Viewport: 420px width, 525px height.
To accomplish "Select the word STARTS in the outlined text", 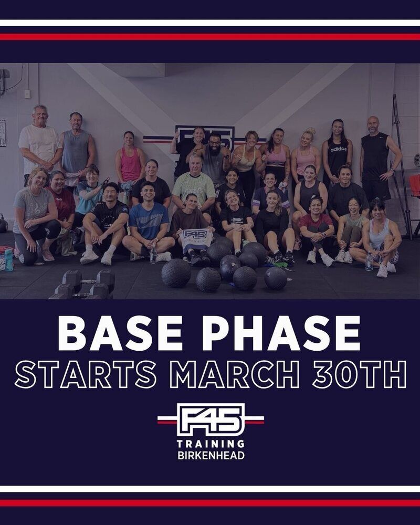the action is click(x=86, y=374).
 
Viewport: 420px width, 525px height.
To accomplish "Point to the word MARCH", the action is click(x=235, y=374).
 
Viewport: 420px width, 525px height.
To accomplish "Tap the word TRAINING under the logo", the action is click(x=211, y=444).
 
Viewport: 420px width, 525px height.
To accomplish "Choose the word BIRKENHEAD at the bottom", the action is click(x=211, y=456).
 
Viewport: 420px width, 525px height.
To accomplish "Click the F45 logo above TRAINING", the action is click(x=211, y=419).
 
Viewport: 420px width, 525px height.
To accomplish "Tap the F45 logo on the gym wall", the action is click(x=205, y=137).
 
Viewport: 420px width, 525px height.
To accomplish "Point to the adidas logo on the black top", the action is click(x=338, y=149).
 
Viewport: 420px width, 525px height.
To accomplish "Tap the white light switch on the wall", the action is click(x=27, y=94).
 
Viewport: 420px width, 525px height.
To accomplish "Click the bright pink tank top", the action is click(x=131, y=164).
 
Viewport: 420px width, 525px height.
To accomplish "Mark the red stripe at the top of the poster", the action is click(x=210, y=37).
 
